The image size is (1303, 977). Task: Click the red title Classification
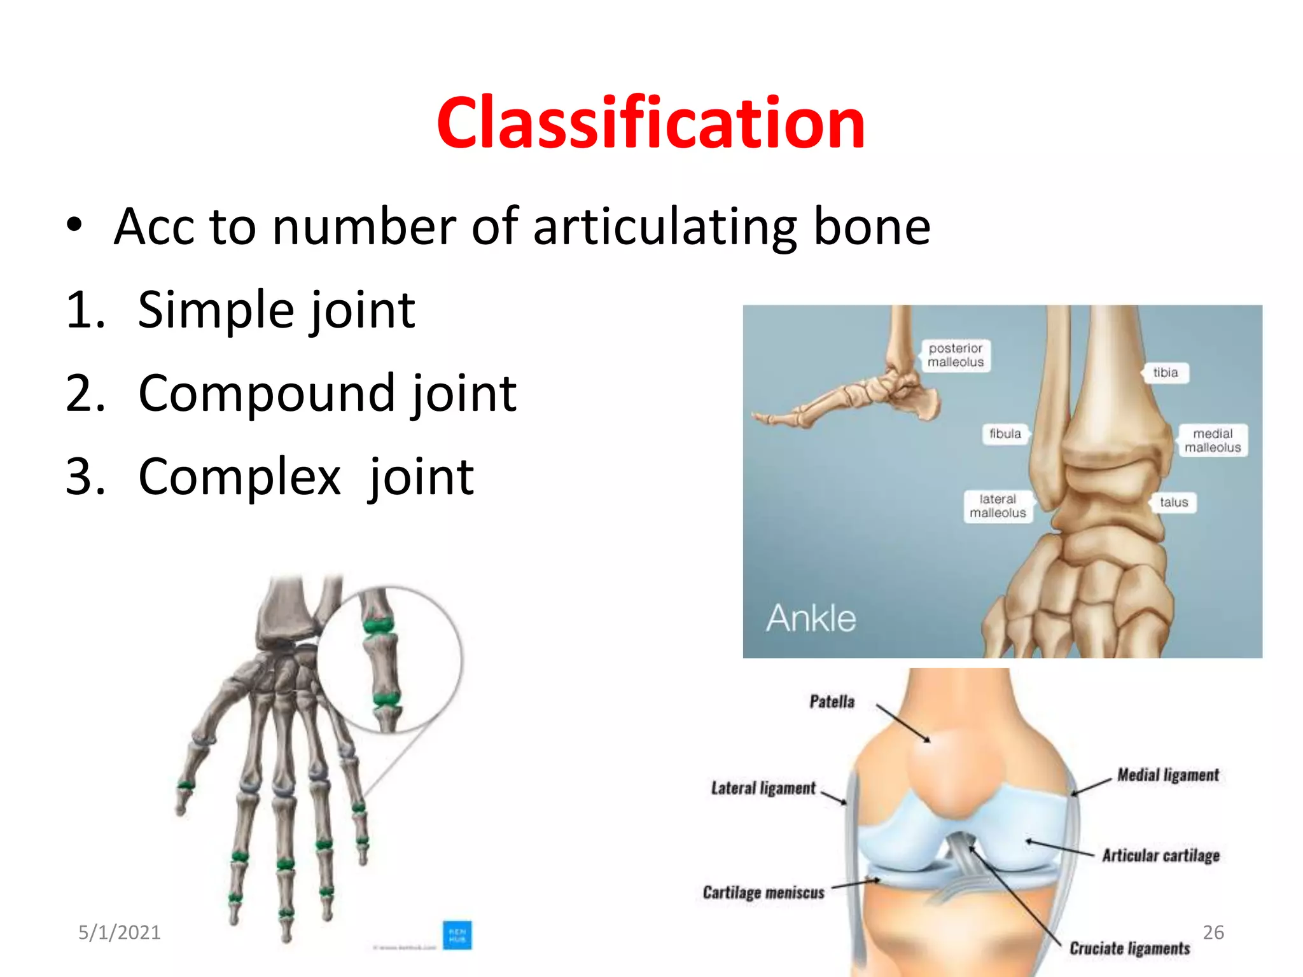tap(650, 122)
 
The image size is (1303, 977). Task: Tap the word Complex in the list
tap(239, 476)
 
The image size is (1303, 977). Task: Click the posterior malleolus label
tap(955, 355)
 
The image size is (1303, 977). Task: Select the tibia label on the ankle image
tap(1165, 373)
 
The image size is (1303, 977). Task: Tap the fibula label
tap(1005, 434)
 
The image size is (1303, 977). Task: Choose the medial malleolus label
tap(1212, 440)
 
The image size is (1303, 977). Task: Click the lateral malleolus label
tap(997, 506)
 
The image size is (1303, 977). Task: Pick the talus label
tap(1173, 502)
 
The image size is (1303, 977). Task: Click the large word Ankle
tap(811, 618)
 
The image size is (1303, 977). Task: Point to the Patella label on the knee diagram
tap(832, 702)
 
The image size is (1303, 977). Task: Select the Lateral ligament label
tap(763, 789)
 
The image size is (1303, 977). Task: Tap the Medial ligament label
tap(1168, 775)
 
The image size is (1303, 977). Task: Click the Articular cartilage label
tap(1160, 856)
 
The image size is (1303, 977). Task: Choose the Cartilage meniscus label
tap(763, 892)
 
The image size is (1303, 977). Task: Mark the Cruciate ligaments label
tap(1129, 948)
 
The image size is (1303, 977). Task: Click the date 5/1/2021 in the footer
tap(119, 932)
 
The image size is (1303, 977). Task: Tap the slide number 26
tap(1213, 932)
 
